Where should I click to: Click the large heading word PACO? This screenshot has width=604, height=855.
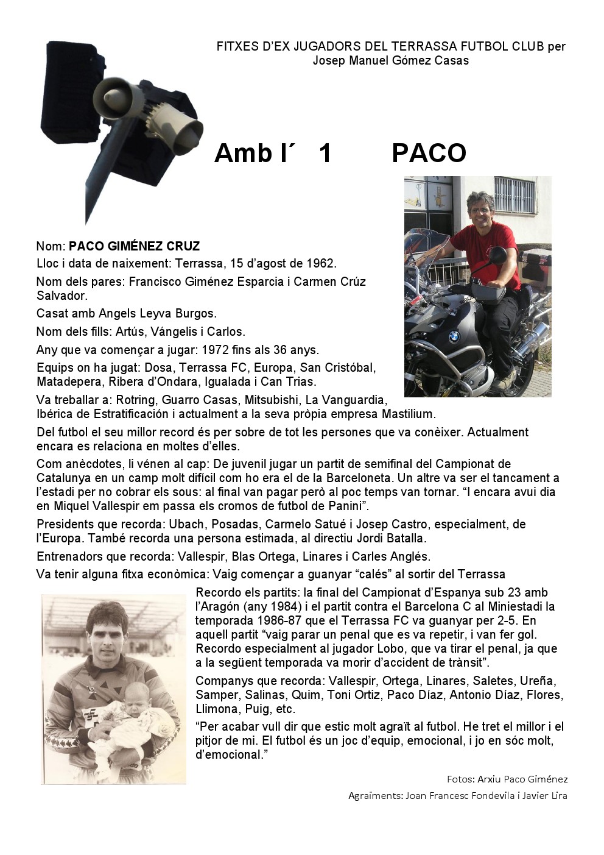[429, 153]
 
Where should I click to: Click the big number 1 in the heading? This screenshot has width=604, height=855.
[325, 153]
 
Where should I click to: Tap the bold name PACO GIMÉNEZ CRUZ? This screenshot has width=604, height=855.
[134, 246]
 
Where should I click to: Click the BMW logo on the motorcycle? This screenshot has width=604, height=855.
[453, 336]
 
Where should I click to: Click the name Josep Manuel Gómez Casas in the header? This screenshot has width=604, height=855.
[390, 60]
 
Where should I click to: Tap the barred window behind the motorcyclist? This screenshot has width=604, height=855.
[515, 195]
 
